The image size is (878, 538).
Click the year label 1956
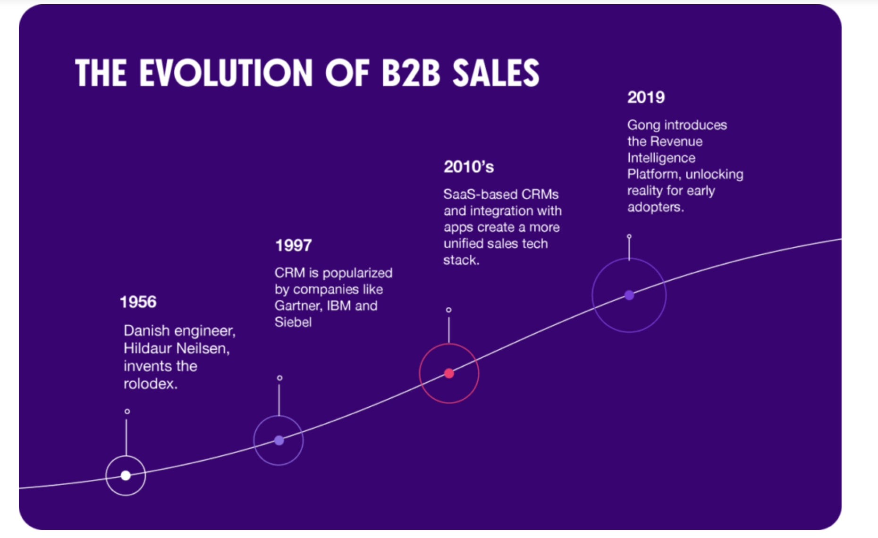click(x=138, y=302)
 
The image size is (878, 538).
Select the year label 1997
click(x=293, y=245)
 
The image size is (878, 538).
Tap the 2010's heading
click(x=468, y=167)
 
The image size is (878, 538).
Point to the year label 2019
click(x=646, y=98)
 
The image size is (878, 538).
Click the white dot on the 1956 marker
click(x=126, y=475)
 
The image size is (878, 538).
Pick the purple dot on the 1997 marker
click(x=279, y=440)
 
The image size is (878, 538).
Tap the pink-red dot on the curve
click(x=449, y=373)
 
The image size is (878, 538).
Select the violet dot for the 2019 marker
click(x=629, y=295)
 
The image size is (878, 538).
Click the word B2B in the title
click(x=410, y=73)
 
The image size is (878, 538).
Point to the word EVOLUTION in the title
click(x=226, y=73)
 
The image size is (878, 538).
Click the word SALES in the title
click(x=496, y=73)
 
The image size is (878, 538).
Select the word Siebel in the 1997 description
click(x=293, y=322)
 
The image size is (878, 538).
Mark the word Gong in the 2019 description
click(x=643, y=125)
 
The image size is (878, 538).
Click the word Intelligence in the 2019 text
click(x=661, y=158)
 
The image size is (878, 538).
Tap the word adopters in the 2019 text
click(x=654, y=207)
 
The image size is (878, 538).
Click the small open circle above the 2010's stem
click(x=448, y=310)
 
